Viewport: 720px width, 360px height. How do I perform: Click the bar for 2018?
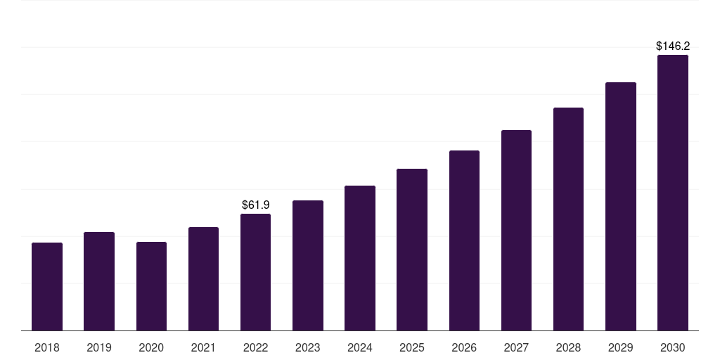[47, 287]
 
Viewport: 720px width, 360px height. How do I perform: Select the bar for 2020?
[151, 286]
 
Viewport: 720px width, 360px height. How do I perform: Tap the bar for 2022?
[255, 272]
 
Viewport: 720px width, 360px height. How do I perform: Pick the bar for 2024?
[360, 258]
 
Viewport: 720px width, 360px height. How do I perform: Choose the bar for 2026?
[464, 240]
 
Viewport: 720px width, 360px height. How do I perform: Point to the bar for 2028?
[568, 219]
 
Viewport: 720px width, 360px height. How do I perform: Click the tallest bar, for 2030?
[672, 193]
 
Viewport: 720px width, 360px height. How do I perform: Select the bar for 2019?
[99, 281]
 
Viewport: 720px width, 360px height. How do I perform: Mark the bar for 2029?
[620, 207]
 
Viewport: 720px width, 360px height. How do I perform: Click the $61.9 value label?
[255, 205]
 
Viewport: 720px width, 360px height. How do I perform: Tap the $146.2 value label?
[672, 46]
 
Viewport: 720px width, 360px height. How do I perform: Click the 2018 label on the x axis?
[47, 347]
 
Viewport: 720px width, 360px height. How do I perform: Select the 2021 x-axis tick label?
[203, 347]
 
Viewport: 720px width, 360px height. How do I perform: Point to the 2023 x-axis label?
[307, 347]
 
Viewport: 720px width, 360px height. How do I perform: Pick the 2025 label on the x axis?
[412, 347]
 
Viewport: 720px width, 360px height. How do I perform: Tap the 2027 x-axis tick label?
[516, 347]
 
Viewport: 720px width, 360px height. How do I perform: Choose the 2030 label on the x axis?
[672, 347]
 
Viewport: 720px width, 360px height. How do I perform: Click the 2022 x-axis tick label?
[255, 347]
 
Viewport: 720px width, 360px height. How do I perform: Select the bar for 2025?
[412, 250]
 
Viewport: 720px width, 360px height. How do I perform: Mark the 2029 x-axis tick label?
[620, 347]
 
